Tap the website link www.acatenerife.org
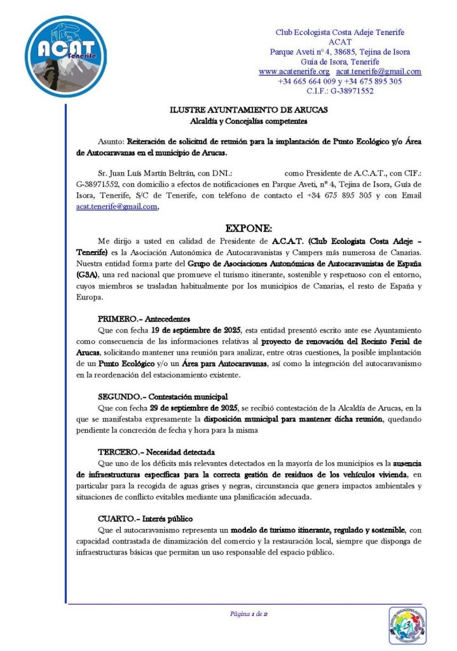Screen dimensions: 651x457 [294, 72]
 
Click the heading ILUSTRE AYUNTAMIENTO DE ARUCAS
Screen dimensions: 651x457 [249, 110]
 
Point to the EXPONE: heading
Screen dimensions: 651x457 [249, 228]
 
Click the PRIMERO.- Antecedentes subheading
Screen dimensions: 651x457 [144, 318]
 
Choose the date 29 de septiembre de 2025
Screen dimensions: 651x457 [198, 407]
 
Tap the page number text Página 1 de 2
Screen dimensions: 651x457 [249, 614]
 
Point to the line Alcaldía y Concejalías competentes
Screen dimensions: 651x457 [249, 120]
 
